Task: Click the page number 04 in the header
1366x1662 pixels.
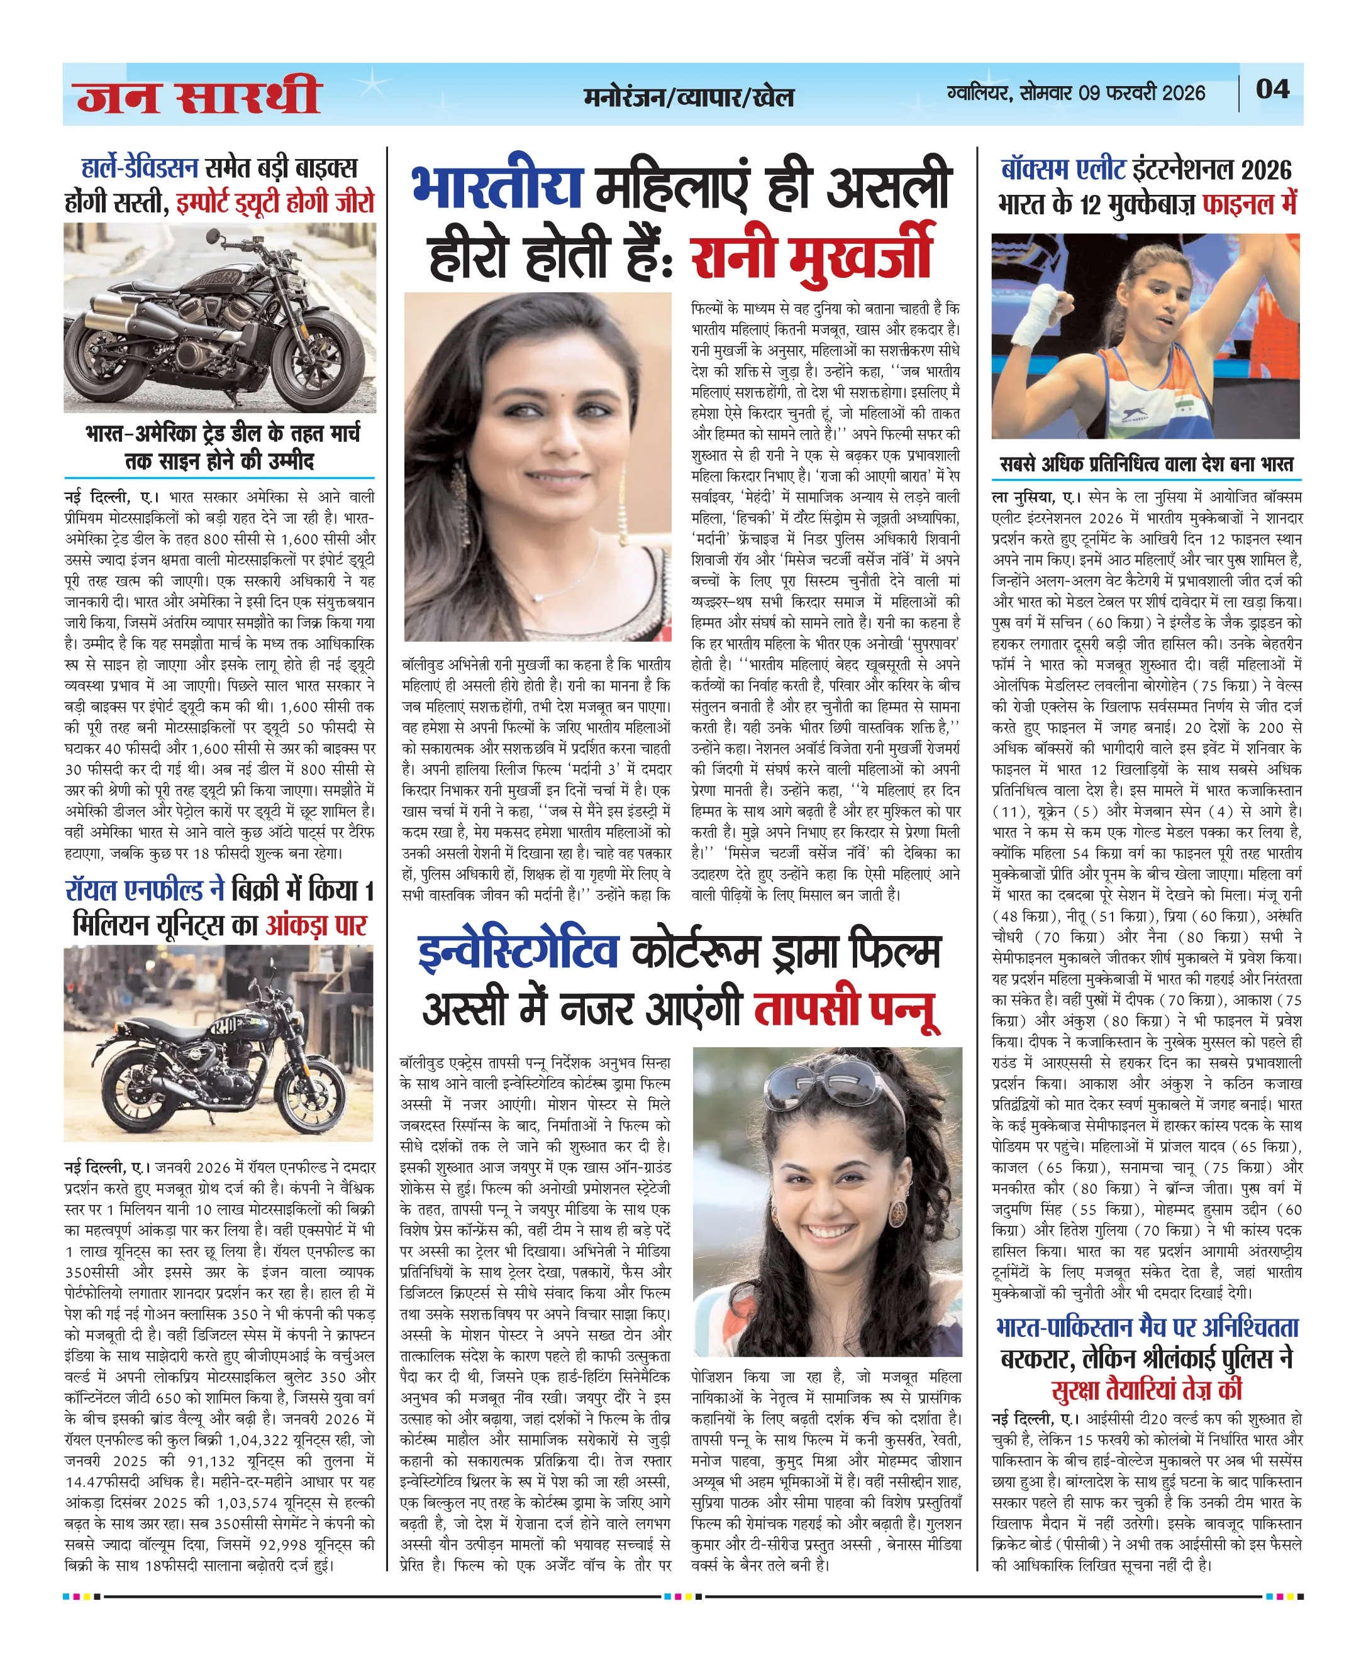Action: pyautogui.click(x=1272, y=89)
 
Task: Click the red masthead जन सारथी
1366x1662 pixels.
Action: pyautogui.click(x=198, y=97)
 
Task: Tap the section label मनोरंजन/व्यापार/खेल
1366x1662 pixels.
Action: pyautogui.click(x=689, y=97)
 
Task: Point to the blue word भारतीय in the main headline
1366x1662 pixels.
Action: pyautogui.click(x=497, y=187)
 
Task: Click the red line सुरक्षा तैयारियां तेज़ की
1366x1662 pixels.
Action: pyautogui.click(x=1146, y=1390)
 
